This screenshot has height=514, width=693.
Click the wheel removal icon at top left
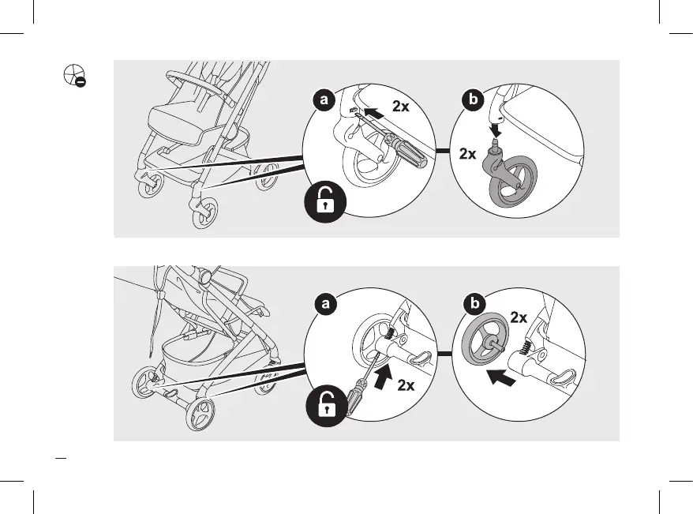(x=73, y=75)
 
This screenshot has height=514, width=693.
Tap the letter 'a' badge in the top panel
(x=322, y=100)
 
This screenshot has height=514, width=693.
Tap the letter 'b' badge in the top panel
(x=472, y=100)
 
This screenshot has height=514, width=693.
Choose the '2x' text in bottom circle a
(x=406, y=386)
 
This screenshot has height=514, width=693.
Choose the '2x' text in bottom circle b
(x=518, y=318)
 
